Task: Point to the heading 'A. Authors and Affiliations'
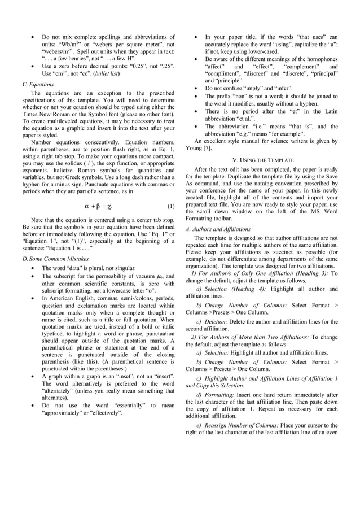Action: point(218,229)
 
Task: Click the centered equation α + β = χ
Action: point(102,206)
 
